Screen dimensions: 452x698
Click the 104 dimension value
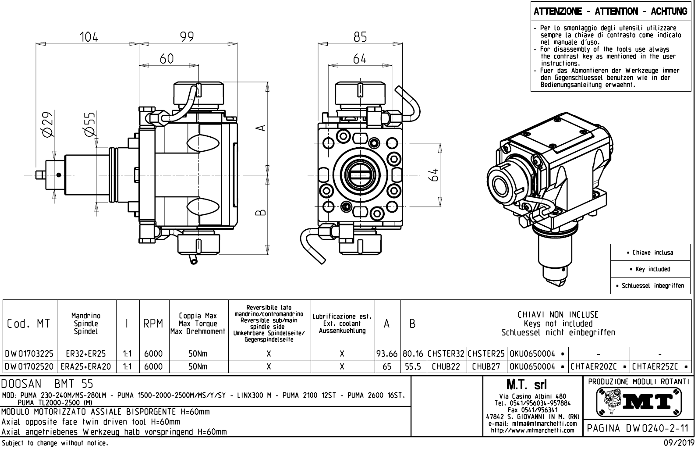point(89,37)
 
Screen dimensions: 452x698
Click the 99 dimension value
point(187,37)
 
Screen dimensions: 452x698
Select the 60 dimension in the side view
point(167,59)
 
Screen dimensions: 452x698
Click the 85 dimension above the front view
point(360,37)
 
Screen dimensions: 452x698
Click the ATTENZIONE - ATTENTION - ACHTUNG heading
point(610,11)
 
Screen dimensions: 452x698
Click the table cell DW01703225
point(30,354)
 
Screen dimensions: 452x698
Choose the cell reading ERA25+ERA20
point(86,367)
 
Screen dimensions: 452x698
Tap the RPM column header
point(154,324)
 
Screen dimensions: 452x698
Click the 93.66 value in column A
point(386,354)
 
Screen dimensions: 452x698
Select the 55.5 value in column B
point(413,367)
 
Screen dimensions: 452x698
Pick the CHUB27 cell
point(486,367)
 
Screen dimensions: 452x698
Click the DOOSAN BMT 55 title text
point(48,384)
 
